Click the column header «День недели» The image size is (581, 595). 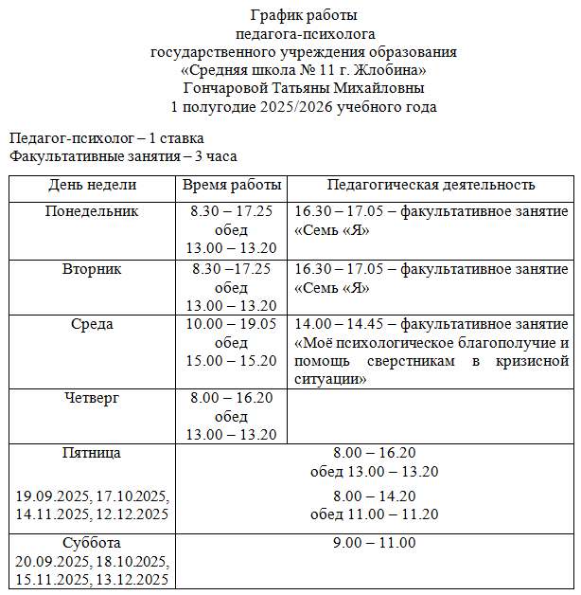(x=92, y=185)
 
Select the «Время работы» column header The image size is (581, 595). (x=231, y=185)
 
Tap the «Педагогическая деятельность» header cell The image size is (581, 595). (x=431, y=185)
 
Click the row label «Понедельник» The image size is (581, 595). (x=92, y=211)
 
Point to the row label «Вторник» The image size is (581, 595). (x=92, y=269)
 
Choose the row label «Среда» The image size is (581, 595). (x=92, y=324)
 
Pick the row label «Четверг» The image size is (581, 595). (x=92, y=398)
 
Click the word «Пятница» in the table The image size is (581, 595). (x=92, y=453)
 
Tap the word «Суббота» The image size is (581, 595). (x=92, y=543)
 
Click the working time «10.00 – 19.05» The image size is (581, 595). (x=231, y=324)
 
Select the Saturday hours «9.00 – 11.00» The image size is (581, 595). (x=374, y=543)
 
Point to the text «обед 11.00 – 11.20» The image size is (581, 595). (x=374, y=514)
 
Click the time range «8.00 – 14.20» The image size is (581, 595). (x=374, y=496)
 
